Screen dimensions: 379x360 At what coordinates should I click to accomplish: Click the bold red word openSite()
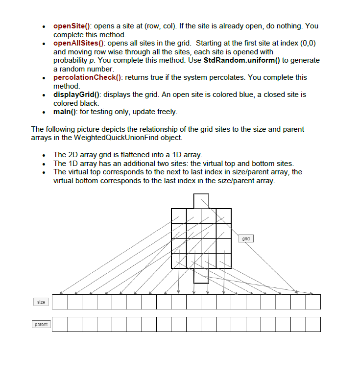tap(72, 26)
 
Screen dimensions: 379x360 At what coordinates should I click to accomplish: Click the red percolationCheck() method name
tap(89, 77)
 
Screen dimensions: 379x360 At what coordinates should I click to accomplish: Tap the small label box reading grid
tap(246, 238)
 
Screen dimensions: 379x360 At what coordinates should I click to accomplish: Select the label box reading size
tap(41, 302)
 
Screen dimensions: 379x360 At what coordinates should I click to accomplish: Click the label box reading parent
tap(41, 324)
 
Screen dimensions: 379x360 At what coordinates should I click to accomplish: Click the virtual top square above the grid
tap(201, 201)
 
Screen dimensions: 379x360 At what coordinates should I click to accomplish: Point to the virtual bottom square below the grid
tap(201, 276)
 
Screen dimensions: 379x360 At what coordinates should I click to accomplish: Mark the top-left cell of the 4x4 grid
tap(179, 216)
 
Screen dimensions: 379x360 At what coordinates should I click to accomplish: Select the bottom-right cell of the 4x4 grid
tap(223, 261)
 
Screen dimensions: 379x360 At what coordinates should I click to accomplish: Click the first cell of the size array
tap(60, 302)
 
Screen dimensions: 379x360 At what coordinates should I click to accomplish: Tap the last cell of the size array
tap(313, 302)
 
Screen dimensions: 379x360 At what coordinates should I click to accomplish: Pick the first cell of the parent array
tap(60, 324)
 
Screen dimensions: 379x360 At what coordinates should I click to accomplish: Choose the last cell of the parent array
tap(313, 324)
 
